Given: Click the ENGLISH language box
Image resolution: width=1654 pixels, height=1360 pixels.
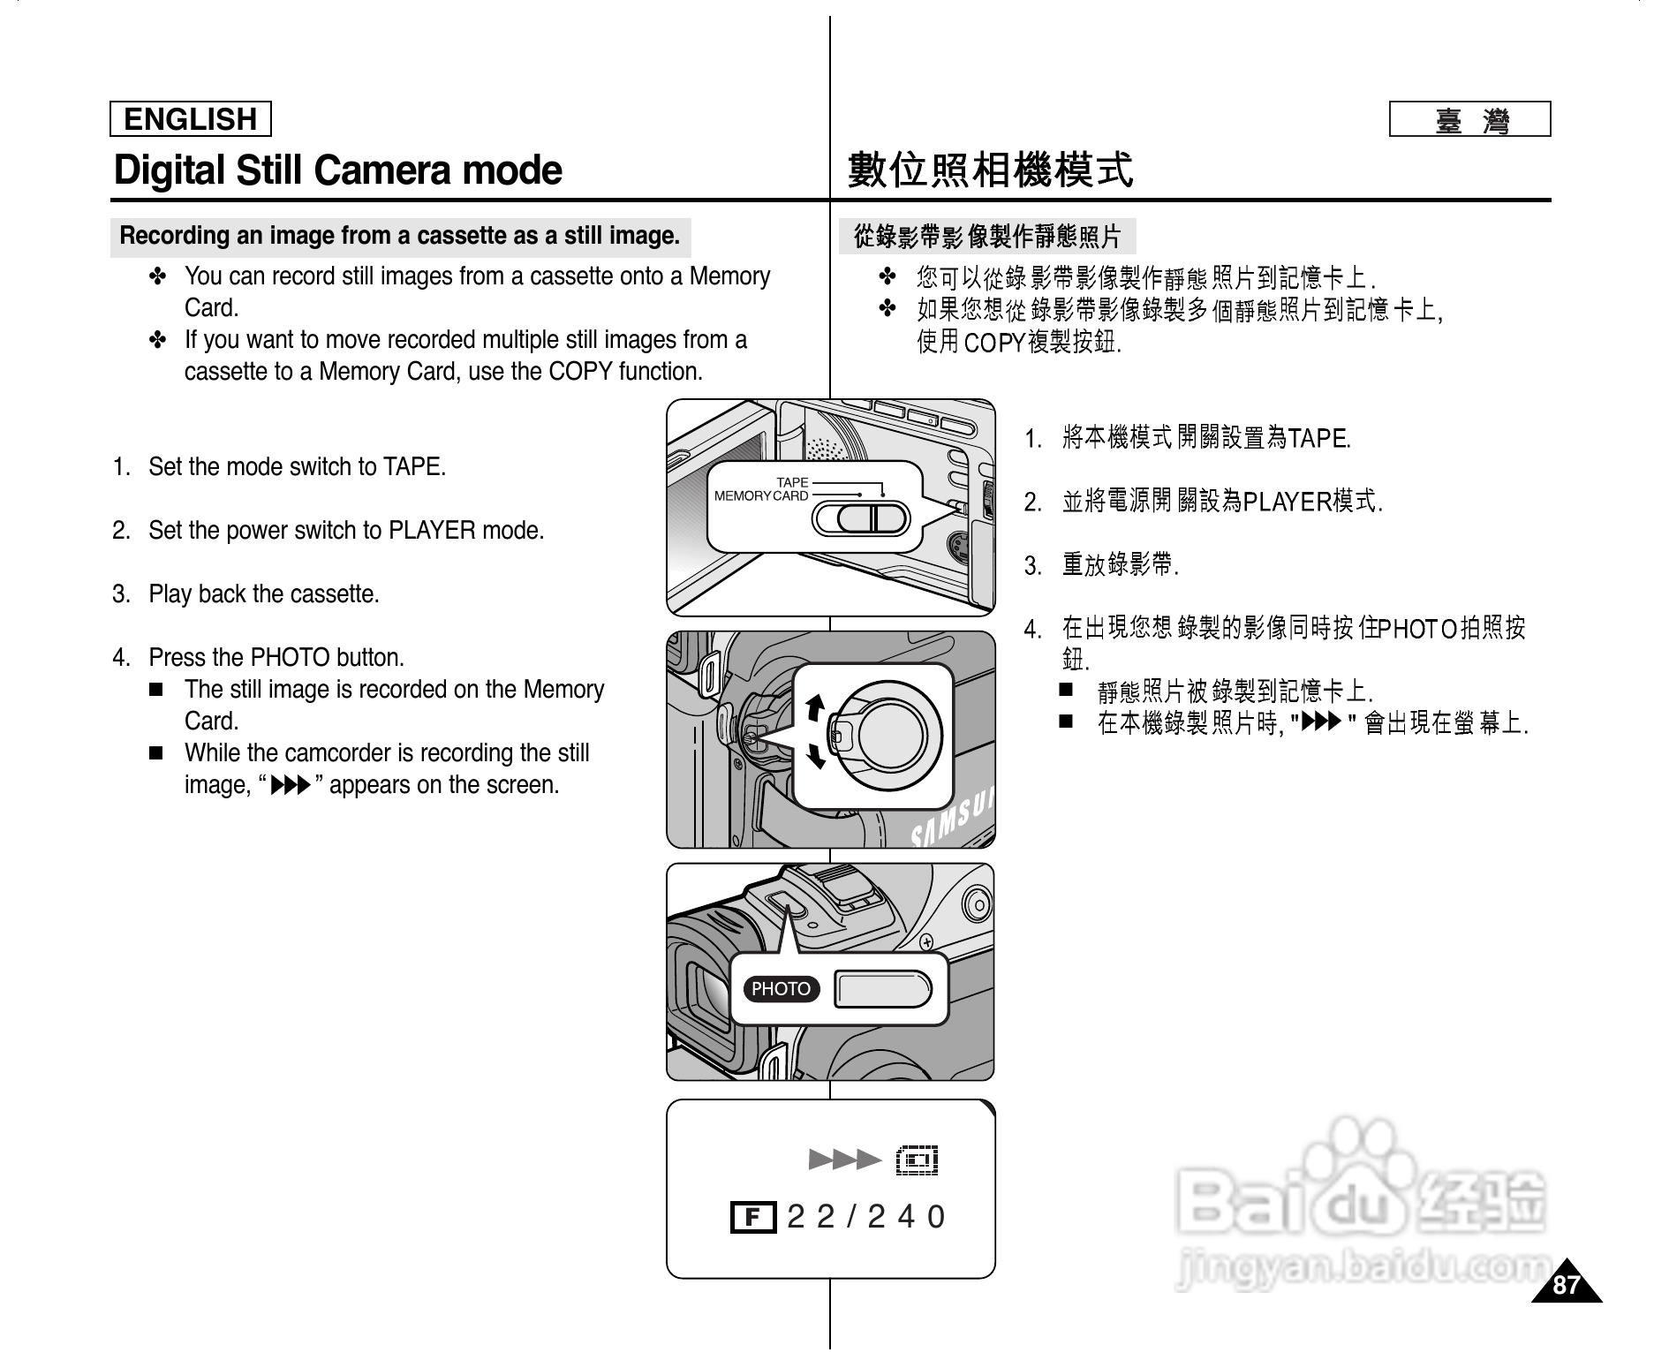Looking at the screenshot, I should point(190,119).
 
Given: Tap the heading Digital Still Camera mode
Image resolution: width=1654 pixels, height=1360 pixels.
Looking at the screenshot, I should point(337,170).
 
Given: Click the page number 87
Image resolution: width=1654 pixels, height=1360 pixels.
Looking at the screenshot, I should point(1566,1285).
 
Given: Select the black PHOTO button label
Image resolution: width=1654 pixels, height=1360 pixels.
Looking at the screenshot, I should point(781,989).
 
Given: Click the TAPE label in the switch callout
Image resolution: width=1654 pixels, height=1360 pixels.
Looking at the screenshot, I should point(792,482).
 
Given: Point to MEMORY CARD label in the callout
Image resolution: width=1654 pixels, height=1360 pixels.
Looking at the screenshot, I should point(760,496).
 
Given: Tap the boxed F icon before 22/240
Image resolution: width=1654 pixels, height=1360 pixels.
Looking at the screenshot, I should point(752,1218).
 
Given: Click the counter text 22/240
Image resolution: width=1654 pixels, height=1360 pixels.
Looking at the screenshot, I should point(865,1217).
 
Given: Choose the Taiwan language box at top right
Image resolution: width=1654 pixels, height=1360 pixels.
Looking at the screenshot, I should point(1469,119).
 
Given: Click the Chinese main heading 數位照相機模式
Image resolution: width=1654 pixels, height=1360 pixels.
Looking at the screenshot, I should point(989,170).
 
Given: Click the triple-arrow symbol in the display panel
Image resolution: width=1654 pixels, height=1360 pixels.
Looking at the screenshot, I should point(844,1160).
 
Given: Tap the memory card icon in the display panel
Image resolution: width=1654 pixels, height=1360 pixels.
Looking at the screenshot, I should point(917,1160).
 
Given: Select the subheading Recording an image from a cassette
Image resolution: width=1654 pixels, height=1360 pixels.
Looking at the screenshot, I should point(399,236).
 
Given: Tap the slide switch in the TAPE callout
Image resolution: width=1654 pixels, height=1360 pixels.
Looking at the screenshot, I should point(860,518).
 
